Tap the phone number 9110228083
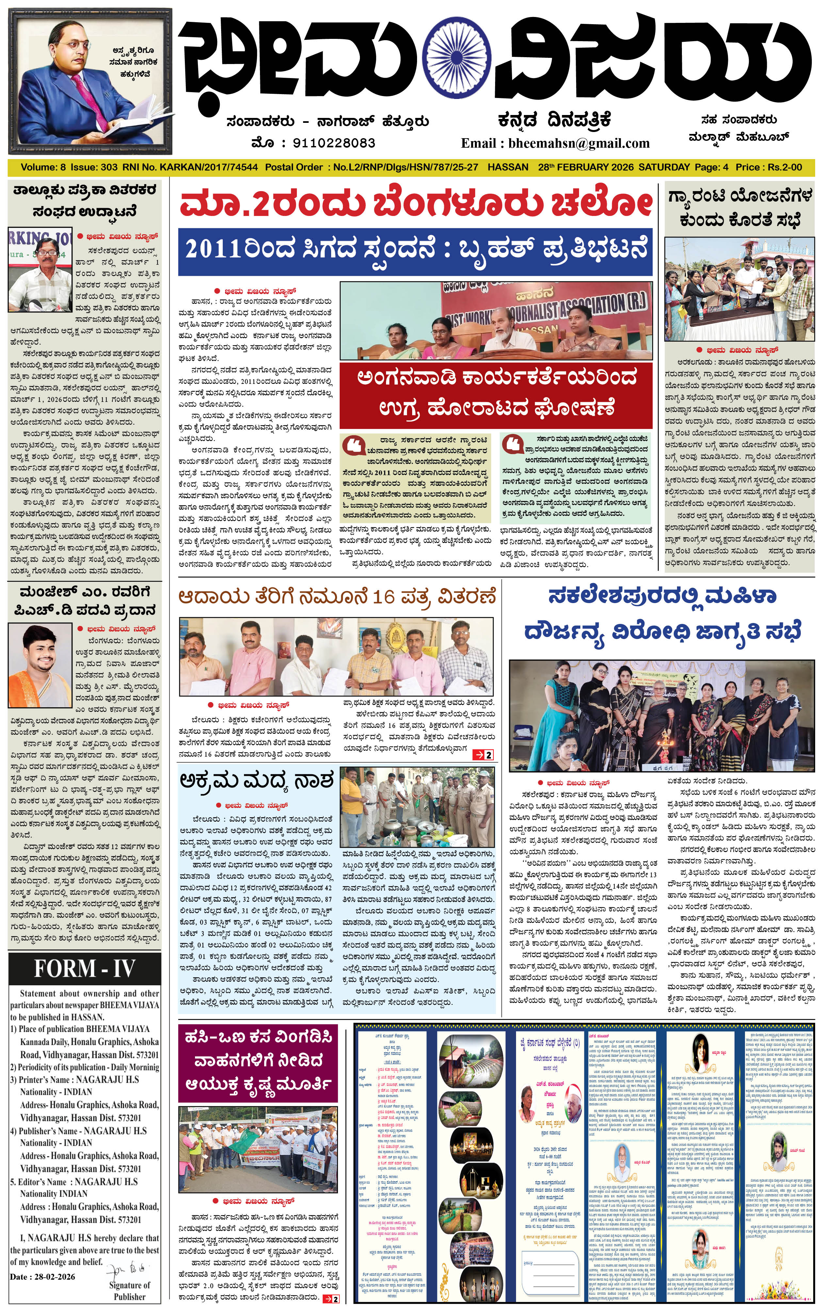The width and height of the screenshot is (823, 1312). (x=334, y=143)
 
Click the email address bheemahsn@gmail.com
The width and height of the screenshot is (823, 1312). (x=579, y=144)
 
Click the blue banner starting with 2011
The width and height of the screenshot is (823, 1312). (x=416, y=251)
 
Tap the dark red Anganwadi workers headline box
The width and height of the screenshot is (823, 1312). (x=495, y=393)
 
